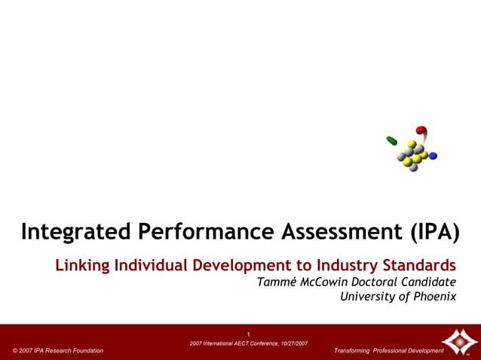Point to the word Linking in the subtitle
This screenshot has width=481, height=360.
click(x=81, y=265)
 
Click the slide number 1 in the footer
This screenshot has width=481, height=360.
click(x=248, y=334)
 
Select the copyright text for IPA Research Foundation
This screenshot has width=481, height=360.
click(x=58, y=351)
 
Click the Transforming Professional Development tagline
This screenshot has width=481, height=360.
click(x=388, y=351)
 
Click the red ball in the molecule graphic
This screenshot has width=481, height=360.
click(x=421, y=130)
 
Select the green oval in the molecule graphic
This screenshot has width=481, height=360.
click(x=392, y=141)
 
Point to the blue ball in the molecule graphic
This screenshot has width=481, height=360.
click(x=433, y=156)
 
